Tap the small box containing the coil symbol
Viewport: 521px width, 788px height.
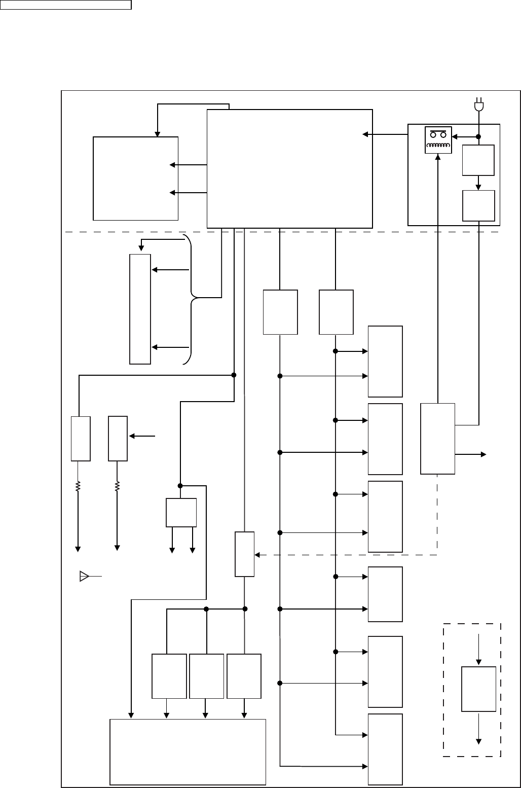(437, 140)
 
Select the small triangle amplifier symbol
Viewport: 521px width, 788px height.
(84, 576)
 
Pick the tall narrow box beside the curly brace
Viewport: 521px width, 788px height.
(140, 309)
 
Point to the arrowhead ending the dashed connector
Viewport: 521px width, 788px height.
(257, 555)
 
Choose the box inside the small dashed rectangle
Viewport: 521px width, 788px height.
(478, 689)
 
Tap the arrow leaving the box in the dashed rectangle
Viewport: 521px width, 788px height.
(478, 730)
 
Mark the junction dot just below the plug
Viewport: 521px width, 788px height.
(478, 137)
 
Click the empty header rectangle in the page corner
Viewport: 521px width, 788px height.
(66, 5)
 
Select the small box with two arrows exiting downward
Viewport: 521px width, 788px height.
(181, 512)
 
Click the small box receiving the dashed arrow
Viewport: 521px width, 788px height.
(245, 554)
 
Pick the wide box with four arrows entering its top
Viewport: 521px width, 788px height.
(188, 751)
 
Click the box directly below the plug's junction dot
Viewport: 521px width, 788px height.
(478, 160)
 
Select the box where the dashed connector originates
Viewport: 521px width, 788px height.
(437, 439)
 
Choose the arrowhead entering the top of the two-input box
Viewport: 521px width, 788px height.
(157, 134)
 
